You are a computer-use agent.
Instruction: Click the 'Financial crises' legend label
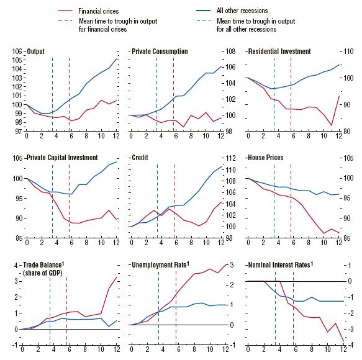click(x=99, y=11)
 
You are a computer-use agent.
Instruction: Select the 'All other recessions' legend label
click(x=242, y=11)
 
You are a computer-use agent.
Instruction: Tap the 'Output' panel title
click(x=35, y=52)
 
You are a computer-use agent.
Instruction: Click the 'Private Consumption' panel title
click(x=160, y=52)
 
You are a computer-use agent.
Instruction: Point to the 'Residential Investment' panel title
click(x=279, y=52)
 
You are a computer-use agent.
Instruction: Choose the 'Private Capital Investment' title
click(x=62, y=158)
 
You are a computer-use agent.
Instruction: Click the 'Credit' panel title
click(x=140, y=158)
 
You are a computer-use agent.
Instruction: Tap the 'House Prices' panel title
click(x=266, y=158)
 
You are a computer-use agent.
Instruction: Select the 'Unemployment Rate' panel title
click(x=160, y=264)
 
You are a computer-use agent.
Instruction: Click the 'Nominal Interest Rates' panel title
click(x=280, y=264)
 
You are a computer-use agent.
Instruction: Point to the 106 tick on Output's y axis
click(x=17, y=52)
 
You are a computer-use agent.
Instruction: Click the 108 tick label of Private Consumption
click(x=230, y=52)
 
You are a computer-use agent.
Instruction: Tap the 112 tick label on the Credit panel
click(x=231, y=158)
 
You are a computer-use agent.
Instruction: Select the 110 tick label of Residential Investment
click(x=348, y=52)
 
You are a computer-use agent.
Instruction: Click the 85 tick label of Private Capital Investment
click(x=17, y=238)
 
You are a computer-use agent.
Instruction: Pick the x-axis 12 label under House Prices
click(x=339, y=243)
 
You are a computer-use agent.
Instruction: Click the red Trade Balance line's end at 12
click(x=117, y=277)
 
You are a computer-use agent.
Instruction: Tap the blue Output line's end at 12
click(x=117, y=59)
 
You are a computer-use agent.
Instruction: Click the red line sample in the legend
click(x=65, y=11)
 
